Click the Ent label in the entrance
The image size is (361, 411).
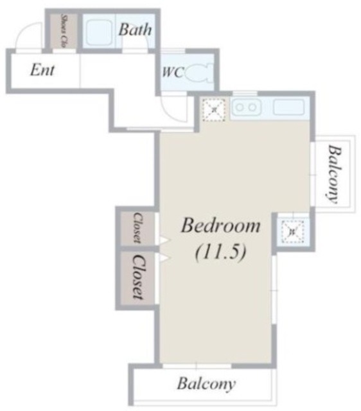tap(42, 70)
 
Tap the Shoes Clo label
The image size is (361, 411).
tap(64, 30)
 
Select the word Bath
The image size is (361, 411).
tap(135, 30)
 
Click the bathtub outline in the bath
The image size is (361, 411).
tap(100, 31)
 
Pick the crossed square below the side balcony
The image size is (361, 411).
tap(292, 230)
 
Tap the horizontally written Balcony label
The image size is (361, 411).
tap(206, 384)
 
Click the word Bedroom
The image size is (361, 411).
tap(220, 226)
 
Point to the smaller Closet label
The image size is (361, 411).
tap(137, 228)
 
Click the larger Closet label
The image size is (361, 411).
tap(137, 277)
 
